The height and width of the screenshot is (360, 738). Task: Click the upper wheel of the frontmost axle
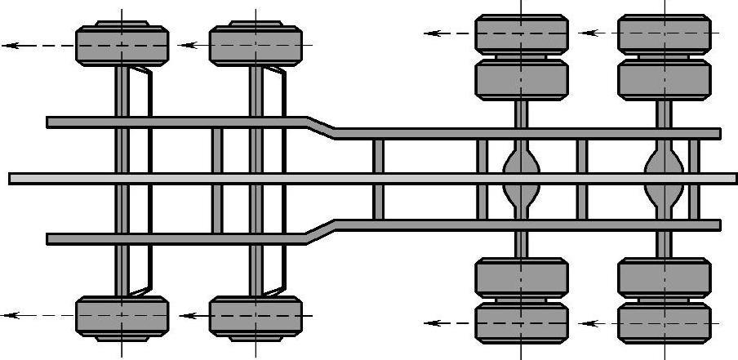pos(122,46)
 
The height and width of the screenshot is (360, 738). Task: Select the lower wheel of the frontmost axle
pos(122,315)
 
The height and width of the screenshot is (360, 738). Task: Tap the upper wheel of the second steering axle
pos(256,46)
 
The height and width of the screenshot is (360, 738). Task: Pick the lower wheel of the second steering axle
pos(256,315)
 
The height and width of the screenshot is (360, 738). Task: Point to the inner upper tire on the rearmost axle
pos(664,79)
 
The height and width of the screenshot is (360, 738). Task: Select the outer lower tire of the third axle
pos(521,322)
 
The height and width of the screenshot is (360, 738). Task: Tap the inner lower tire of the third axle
pos(521,278)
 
